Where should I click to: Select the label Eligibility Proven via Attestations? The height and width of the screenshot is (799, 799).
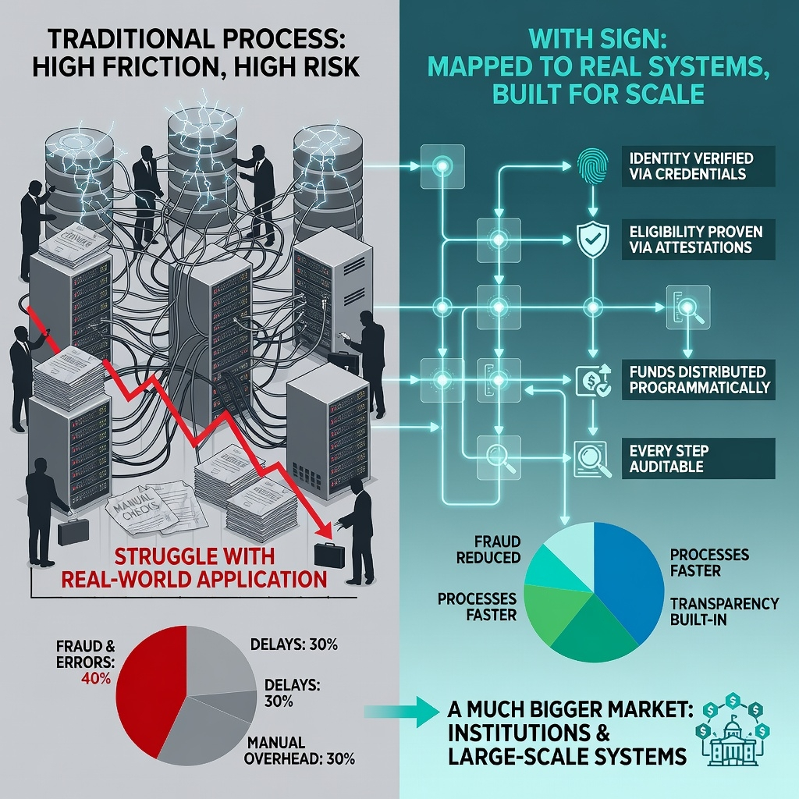[696, 239]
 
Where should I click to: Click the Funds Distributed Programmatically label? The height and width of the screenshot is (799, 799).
[698, 379]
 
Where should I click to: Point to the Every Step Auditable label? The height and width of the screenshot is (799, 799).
[669, 459]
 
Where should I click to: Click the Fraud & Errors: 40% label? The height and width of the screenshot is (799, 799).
[86, 662]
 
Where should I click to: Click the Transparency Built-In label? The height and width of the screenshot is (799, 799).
[724, 612]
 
